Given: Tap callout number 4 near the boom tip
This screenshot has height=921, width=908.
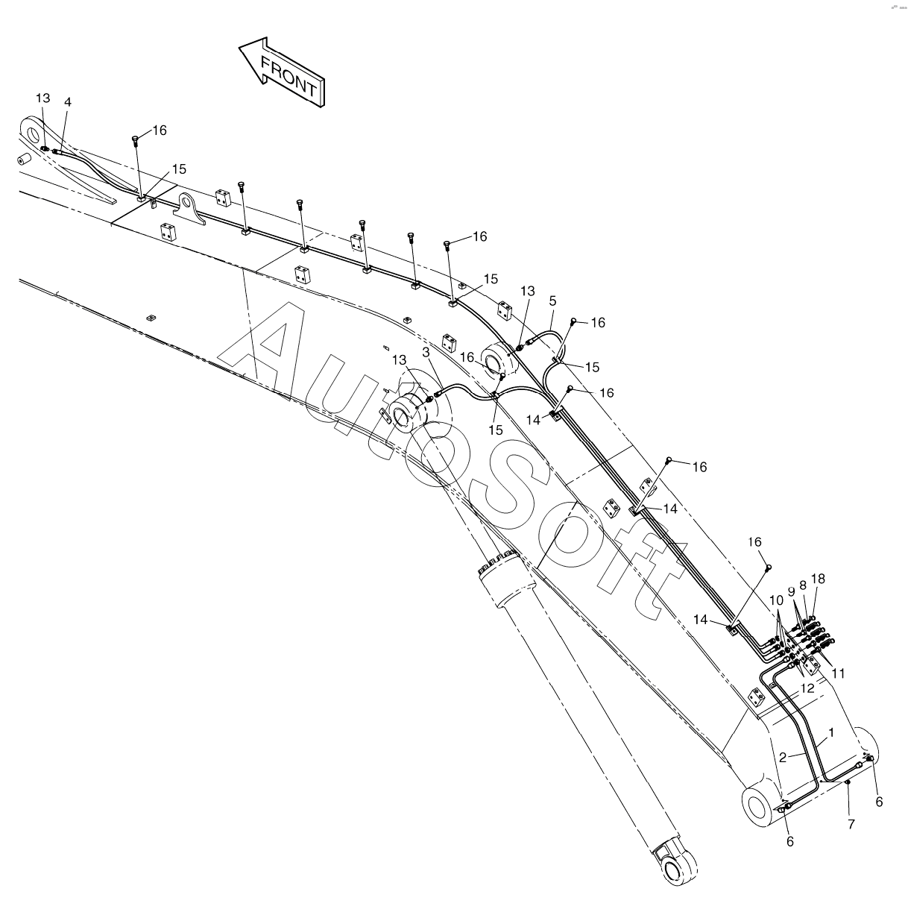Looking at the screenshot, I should click(x=68, y=101).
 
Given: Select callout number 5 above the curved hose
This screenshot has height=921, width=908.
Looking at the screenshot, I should click(x=552, y=301).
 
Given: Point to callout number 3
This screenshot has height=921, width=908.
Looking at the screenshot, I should click(x=426, y=351).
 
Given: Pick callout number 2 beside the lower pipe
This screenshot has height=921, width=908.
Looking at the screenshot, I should click(x=783, y=757).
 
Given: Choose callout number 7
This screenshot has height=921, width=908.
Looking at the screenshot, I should click(x=851, y=824).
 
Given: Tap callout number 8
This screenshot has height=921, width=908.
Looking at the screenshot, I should click(x=803, y=585).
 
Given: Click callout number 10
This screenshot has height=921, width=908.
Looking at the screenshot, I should click(x=776, y=600).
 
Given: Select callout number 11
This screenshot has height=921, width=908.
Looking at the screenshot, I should click(x=839, y=673).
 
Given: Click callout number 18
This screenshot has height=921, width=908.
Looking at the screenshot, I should click(x=818, y=579).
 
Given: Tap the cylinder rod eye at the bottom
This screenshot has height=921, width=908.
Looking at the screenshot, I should click(x=676, y=867).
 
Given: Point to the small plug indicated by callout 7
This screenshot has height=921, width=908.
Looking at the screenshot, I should click(x=848, y=782).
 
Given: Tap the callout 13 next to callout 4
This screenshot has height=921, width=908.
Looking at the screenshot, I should click(x=42, y=98).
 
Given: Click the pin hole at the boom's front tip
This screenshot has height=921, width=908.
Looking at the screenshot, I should click(x=33, y=133).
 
